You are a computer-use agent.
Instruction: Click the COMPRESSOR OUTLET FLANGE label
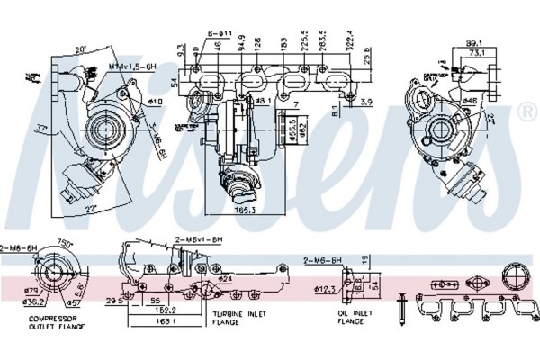pos(52,323)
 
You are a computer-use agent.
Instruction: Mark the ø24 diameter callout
pos(227,279)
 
